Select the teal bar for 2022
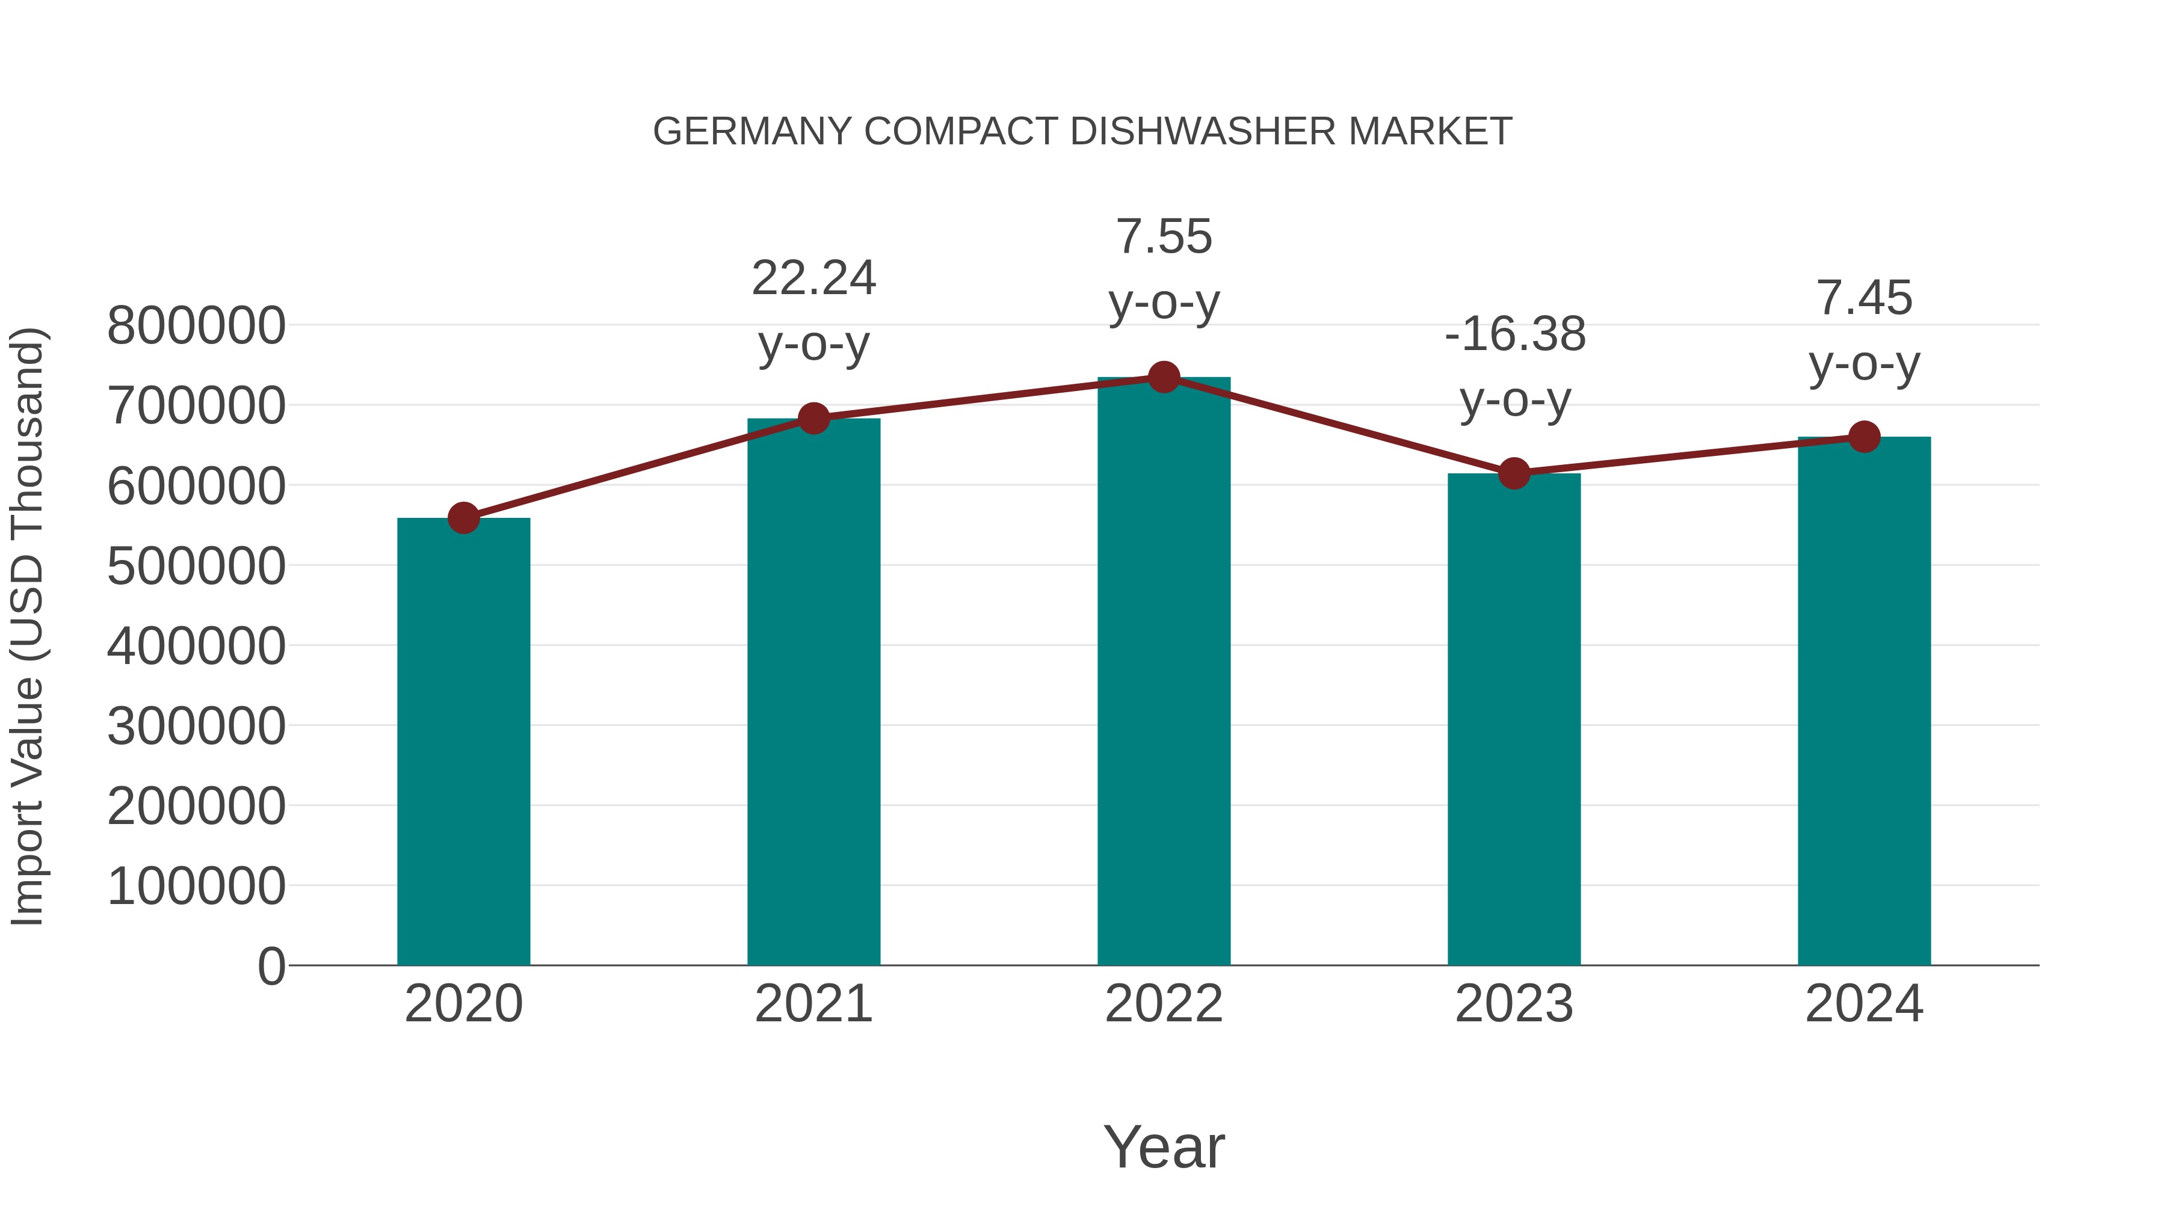click(1164, 672)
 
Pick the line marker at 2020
click(463, 518)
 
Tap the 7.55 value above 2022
click(1164, 236)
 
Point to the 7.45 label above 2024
click(1864, 298)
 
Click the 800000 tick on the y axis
click(196, 326)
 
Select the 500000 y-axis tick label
click(196, 567)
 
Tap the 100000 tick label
click(196, 887)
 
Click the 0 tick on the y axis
click(271, 967)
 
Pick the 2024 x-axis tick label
click(1864, 1004)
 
